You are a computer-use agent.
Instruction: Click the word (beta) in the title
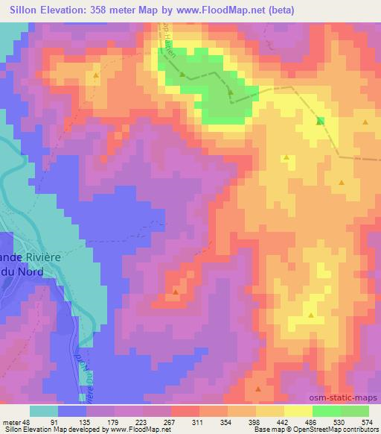(x=273, y=10)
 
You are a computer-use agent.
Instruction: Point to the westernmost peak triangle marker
(x=96, y=75)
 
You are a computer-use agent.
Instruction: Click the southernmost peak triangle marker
(x=257, y=389)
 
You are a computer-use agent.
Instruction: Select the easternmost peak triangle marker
(x=365, y=122)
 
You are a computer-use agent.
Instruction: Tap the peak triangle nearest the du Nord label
(x=175, y=292)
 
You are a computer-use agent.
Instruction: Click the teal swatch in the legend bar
(x=44, y=411)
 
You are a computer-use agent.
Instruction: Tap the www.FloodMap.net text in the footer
(x=142, y=430)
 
